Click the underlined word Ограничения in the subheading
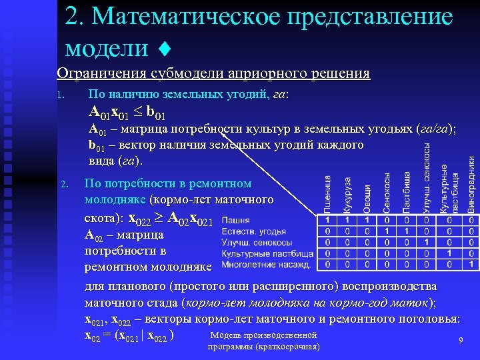(99, 73)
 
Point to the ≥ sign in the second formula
(159, 217)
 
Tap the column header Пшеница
(327, 193)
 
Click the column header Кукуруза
(347, 194)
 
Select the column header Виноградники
(471, 185)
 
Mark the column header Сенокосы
(387, 193)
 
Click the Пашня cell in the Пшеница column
(327, 220)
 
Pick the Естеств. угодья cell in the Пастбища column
(406, 231)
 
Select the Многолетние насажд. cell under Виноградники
(471, 265)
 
